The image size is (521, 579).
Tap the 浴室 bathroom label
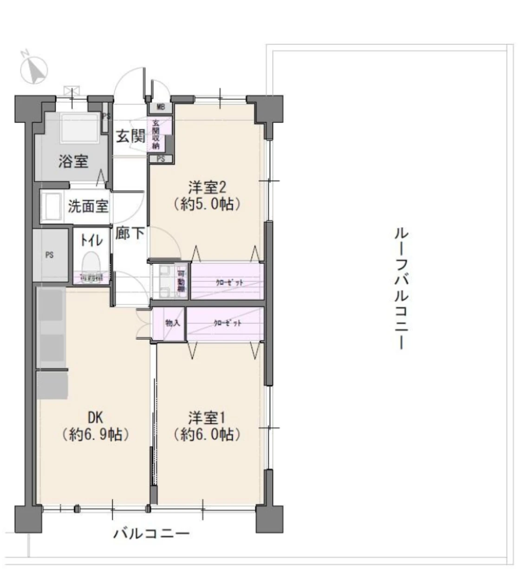[x=73, y=162]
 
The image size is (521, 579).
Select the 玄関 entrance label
[x=130, y=136]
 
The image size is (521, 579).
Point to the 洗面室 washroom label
[x=88, y=206]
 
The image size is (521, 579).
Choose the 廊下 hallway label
[x=130, y=233]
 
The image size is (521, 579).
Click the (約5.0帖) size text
[x=207, y=204]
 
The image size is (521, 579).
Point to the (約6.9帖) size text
[x=95, y=434]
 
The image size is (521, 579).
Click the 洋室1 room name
[x=207, y=417]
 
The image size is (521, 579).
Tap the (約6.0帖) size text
[x=207, y=434]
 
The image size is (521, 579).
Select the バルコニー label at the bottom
[x=152, y=533]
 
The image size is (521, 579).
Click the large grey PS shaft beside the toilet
[x=50, y=255]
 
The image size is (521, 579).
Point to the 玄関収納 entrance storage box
[x=156, y=134]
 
